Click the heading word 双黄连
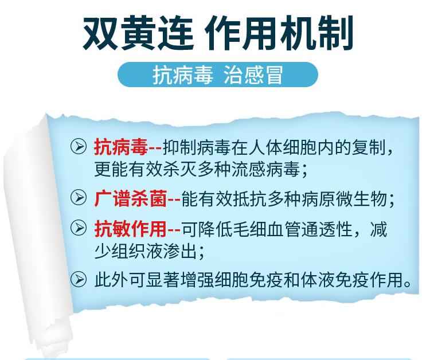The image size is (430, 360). tap(138, 33)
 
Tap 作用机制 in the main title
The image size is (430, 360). tap(279, 33)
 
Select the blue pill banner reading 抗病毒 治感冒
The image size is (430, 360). tap(218, 75)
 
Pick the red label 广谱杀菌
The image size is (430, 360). tap(131, 198)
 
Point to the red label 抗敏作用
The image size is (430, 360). tap(131, 229)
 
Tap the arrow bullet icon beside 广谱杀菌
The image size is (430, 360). tap(79, 197)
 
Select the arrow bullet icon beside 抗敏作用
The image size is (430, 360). tap(79, 228)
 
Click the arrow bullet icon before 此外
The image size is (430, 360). tap(79, 279)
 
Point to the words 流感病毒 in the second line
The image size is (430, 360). tap(265, 170)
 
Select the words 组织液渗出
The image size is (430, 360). tap(146, 251)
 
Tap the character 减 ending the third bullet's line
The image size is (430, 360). tap(379, 229)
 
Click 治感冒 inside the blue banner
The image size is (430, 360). tap(253, 75)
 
